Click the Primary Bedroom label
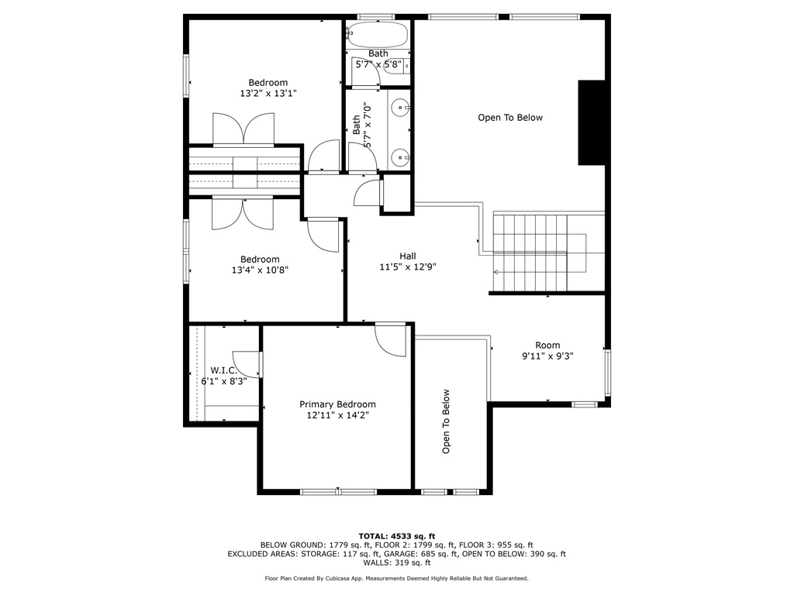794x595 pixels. [x=337, y=404]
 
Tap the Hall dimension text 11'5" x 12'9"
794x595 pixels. [x=408, y=267]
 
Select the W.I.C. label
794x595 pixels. [x=224, y=370]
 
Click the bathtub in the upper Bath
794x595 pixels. [x=378, y=34]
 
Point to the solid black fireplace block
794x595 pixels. [x=592, y=122]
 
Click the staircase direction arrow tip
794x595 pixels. [x=494, y=272]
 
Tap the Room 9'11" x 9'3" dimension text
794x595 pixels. [x=547, y=356]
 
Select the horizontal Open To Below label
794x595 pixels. [x=510, y=118]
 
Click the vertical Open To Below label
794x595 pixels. [x=446, y=421]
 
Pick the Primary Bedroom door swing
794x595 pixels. [x=391, y=341]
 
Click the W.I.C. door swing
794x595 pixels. [x=247, y=364]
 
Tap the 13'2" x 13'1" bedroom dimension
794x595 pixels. [x=268, y=93]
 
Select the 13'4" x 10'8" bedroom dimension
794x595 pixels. [x=260, y=270]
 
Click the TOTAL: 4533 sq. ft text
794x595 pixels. [x=397, y=536]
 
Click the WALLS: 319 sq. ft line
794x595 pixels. [x=397, y=562]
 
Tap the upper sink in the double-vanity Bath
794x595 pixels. [x=401, y=107]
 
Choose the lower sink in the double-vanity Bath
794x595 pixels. [x=401, y=158]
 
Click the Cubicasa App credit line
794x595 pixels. [x=396, y=578]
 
